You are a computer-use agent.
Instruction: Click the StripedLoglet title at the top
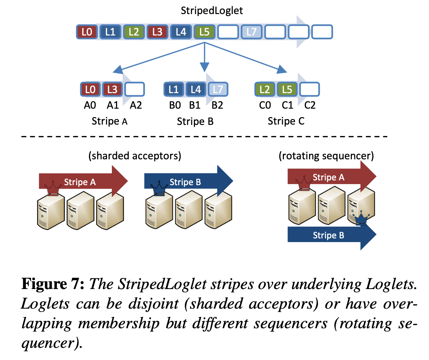point(212,10)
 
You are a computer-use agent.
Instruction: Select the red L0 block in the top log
point(87,32)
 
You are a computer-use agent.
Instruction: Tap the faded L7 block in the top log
point(251,32)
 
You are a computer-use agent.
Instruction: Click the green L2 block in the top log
point(134,32)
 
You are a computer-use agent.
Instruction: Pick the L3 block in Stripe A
point(112,89)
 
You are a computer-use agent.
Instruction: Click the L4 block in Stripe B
point(196,89)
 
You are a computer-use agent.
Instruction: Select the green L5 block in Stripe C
point(287,89)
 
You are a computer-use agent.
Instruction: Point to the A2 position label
point(135,105)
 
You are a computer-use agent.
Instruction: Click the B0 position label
point(175,105)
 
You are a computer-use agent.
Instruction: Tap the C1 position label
point(287,105)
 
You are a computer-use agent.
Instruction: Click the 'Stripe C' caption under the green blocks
point(286,121)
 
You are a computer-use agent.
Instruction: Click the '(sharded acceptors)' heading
point(134,156)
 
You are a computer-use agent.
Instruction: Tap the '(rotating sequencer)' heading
point(326,156)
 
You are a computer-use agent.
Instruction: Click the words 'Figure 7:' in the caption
point(53,285)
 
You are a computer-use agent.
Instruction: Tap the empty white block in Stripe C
point(309,89)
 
